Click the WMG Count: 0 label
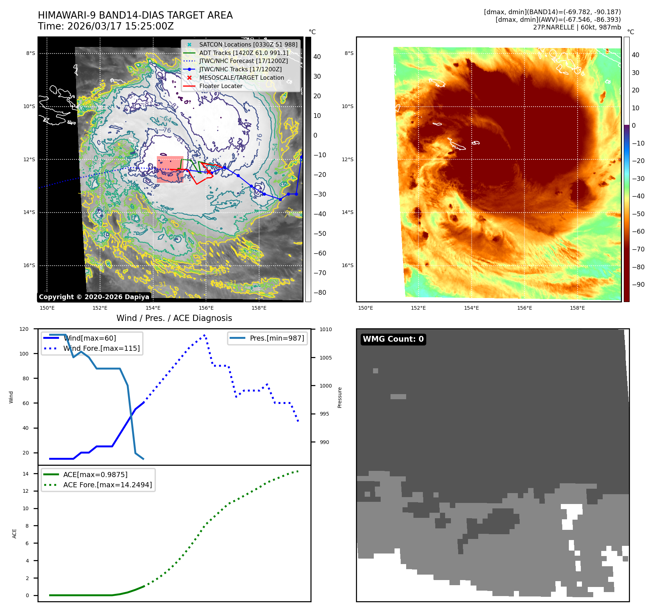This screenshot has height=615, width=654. pyautogui.click(x=393, y=339)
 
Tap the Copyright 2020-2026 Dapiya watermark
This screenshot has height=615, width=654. pyautogui.click(x=94, y=297)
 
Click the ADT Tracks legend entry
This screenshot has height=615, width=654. pyautogui.click(x=243, y=53)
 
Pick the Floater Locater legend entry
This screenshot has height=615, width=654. pyautogui.click(x=221, y=86)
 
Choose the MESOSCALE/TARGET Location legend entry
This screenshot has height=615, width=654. pyautogui.click(x=241, y=78)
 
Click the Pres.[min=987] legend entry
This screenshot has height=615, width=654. pyautogui.click(x=277, y=338)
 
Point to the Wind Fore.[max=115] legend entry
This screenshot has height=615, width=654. pyautogui.click(x=101, y=348)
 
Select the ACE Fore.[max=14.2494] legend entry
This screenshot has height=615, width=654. pyautogui.click(x=107, y=485)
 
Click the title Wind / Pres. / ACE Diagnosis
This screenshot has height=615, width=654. pyautogui.click(x=174, y=318)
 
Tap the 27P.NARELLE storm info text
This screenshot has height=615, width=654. pyautogui.click(x=577, y=27)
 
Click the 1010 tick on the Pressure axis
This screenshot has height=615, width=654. pyautogui.click(x=326, y=329)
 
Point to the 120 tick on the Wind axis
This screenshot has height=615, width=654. pyautogui.click(x=24, y=329)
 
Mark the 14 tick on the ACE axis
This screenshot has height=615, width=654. pyautogui.click(x=25, y=474)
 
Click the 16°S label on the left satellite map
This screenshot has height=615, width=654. pyautogui.click(x=29, y=265)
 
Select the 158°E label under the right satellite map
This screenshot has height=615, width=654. pyautogui.click(x=577, y=308)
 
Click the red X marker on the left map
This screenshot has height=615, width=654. pyautogui.click(x=209, y=172)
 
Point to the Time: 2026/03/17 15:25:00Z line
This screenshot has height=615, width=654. pyautogui.click(x=106, y=26)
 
